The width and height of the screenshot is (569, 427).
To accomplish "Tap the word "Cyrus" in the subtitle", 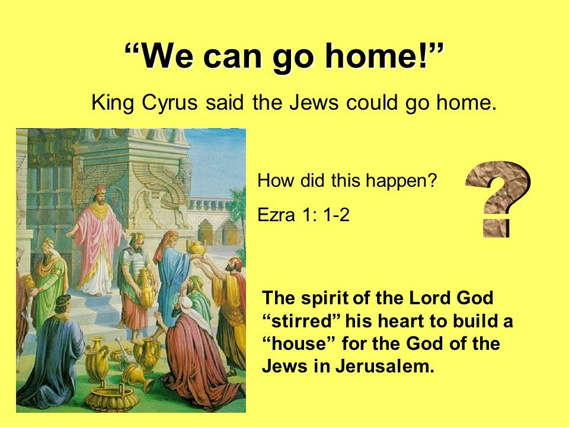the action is click(170, 103).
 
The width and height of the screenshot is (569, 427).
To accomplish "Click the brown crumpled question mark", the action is click(497, 199).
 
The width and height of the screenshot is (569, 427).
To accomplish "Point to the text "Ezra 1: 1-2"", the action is click(303, 215).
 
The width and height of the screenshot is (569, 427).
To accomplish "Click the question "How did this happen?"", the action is click(347, 180).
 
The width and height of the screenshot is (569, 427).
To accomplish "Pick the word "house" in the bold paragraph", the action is click(299, 343).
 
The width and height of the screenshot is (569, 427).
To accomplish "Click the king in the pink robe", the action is click(97, 240).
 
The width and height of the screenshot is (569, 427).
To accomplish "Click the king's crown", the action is click(100, 190).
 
